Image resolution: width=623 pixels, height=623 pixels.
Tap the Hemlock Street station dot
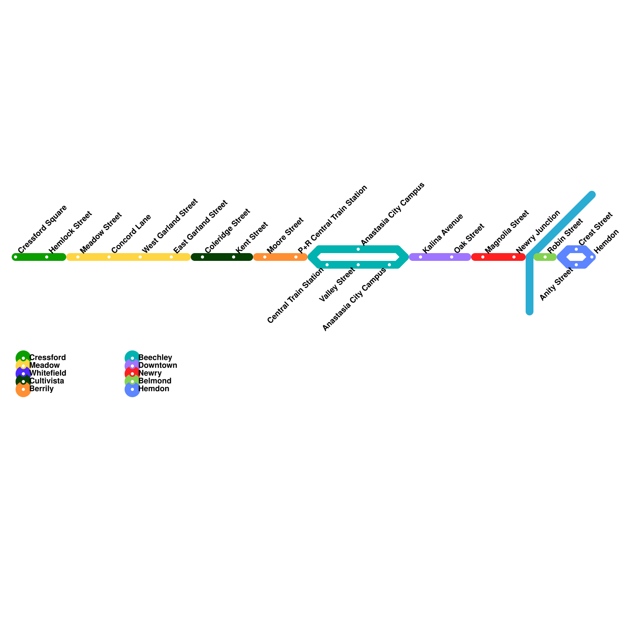[x=47, y=257]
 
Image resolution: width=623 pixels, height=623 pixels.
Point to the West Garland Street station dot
[x=140, y=257]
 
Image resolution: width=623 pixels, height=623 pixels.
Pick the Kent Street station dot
[x=234, y=257]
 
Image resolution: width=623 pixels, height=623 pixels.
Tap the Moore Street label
[x=285, y=236]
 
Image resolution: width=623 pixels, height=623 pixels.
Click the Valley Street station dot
[x=358, y=265]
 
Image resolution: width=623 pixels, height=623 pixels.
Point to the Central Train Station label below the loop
[x=296, y=296]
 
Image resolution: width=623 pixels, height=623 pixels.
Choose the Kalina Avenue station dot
[x=421, y=257]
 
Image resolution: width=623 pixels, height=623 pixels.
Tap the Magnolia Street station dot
[x=483, y=257]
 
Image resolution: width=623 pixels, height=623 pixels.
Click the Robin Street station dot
[x=545, y=257]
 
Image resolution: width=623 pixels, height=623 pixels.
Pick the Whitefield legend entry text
[x=48, y=373]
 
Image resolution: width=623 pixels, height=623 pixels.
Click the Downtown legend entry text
[x=158, y=365]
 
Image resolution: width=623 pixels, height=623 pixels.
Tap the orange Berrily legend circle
[x=23, y=389]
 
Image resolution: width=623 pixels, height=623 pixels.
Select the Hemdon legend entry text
[x=154, y=389]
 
